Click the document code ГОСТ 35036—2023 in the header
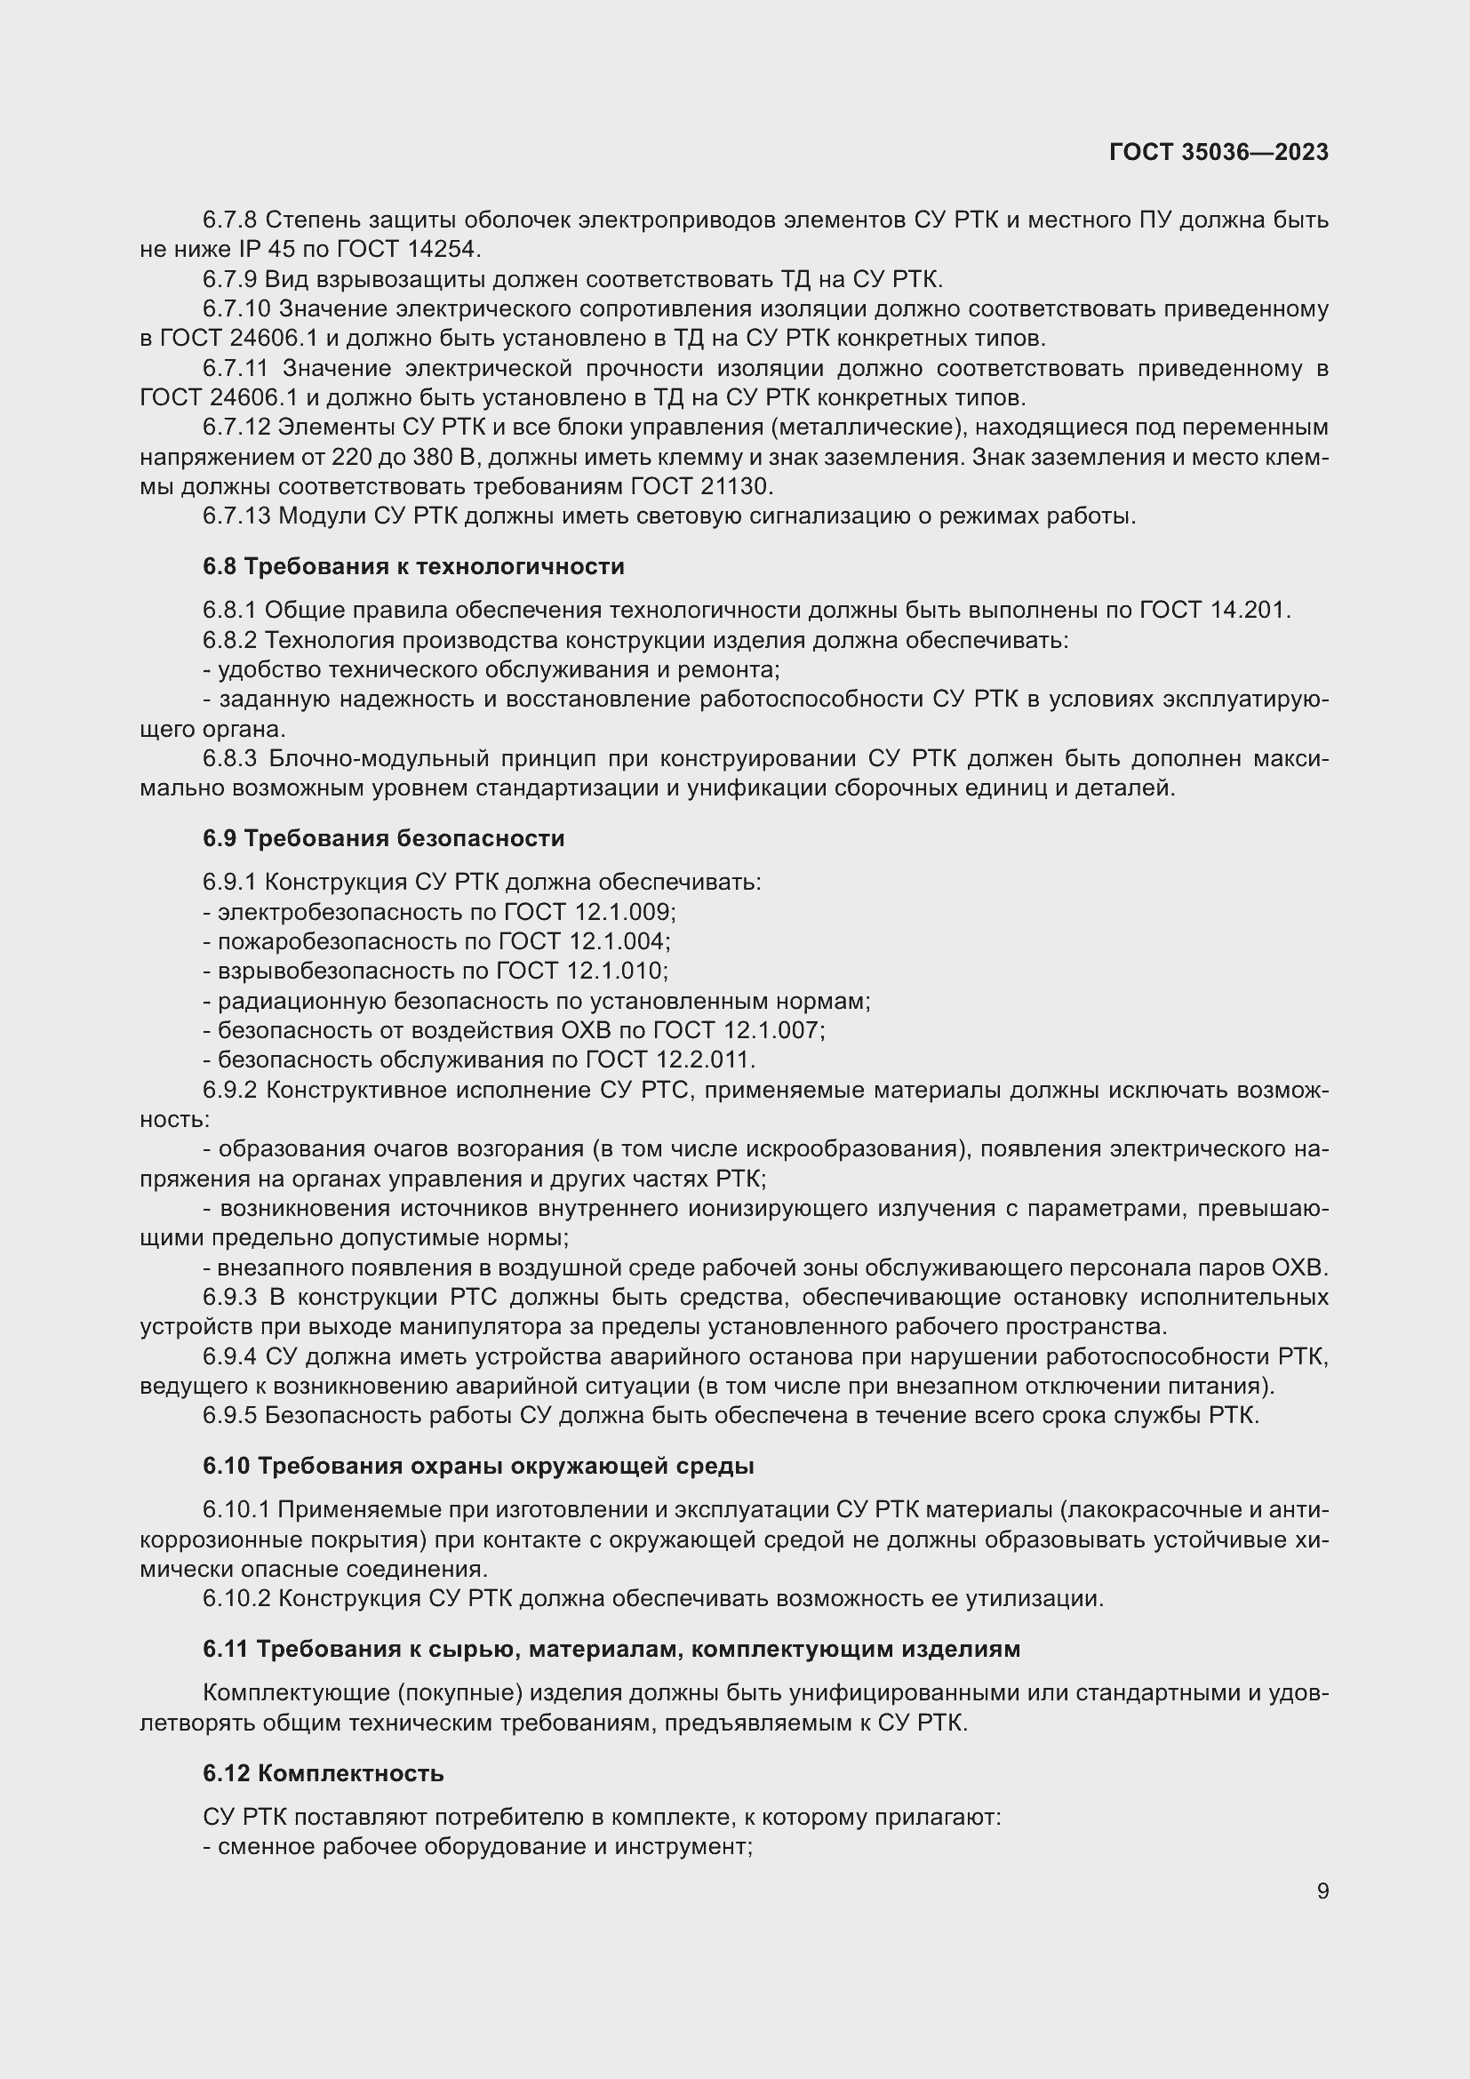[x=1218, y=152]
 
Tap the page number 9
[x=1322, y=1891]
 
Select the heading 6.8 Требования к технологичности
[x=412, y=567]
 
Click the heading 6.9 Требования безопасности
[x=383, y=838]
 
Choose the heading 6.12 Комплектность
[x=324, y=1773]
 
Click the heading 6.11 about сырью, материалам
[x=611, y=1649]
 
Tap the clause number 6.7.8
[x=230, y=220]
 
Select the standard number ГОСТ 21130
[x=700, y=487]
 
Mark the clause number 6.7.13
[x=236, y=516]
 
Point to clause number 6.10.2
[x=236, y=1598]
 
